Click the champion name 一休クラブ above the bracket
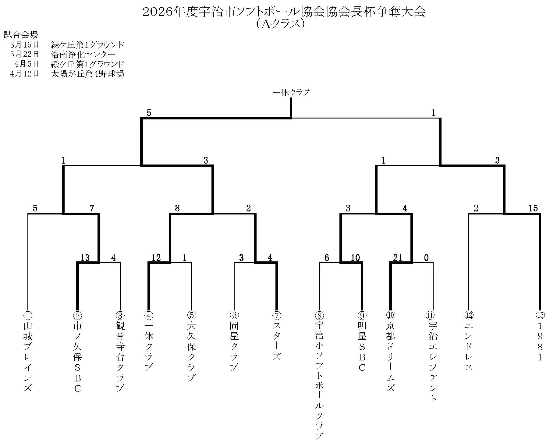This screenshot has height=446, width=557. pos(291,92)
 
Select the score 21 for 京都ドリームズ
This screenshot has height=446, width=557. pos(398,258)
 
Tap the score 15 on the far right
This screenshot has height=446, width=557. pos(533,208)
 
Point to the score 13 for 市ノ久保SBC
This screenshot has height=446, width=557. pos(85,258)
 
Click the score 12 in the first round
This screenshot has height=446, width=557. pos(156,258)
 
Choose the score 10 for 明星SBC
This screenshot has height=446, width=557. pos(355,258)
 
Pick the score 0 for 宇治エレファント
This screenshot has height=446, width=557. pos(426,258)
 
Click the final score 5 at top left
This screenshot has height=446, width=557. pos(149,113)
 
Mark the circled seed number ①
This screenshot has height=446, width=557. pos(28,315)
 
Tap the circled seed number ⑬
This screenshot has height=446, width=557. pos(540,315)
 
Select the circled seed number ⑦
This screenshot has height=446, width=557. pos(276,315)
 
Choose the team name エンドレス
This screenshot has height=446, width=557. pos(469,346)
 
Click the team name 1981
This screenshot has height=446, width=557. pos(540,342)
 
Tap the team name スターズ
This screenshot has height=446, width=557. pos(276,341)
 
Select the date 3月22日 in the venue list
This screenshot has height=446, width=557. pos(25,54)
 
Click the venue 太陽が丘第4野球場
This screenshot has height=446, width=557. pos(88,74)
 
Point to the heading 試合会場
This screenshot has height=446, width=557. pos(20,35)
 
